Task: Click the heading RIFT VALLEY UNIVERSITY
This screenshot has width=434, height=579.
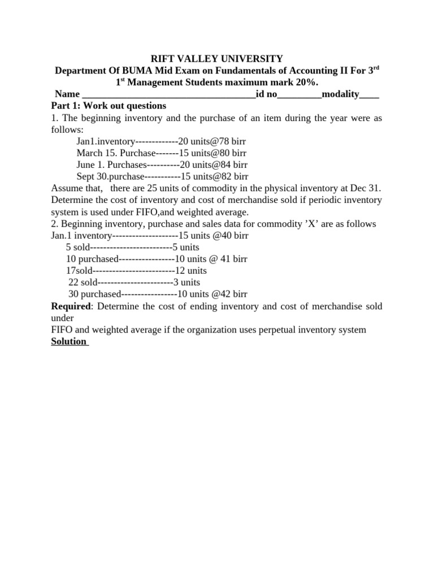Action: pyautogui.click(x=217, y=58)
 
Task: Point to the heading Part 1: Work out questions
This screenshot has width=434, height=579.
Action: pyautogui.click(x=108, y=106)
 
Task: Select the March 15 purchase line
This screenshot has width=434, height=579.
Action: pyautogui.click(x=162, y=153)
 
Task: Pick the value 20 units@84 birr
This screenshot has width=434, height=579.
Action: pyautogui.click(x=213, y=165)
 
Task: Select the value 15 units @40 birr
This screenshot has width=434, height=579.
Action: pyautogui.click(x=212, y=236)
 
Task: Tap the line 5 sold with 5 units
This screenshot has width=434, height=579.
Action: pyautogui.click(x=132, y=247)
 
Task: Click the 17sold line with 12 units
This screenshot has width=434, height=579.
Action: pyautogui.click(x=136, y=271)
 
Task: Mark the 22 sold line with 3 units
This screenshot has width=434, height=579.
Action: pyautogui.click(x=134, y=282)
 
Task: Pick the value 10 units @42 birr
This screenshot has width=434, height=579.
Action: pyautogui.click(x=212, y=294)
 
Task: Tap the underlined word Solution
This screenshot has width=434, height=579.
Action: pyautogui.click(x=68, y=342)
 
